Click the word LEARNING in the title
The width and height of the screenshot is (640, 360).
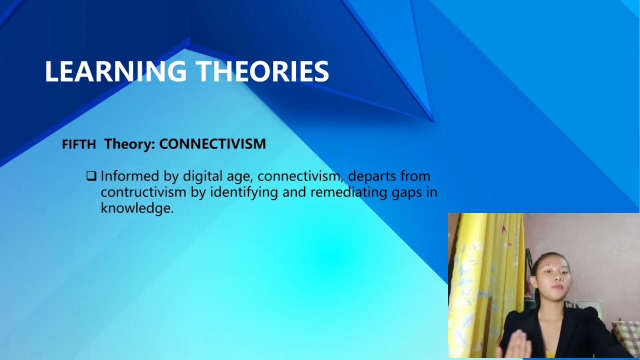(115, 71)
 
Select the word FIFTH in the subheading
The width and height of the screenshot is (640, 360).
(78, 145)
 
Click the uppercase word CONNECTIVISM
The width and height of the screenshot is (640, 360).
(212, 144)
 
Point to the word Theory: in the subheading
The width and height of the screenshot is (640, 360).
(129, 144)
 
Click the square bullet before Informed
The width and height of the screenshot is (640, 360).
(91, 176)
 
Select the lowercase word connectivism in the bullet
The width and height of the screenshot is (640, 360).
(300, 176)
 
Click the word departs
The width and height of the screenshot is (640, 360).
(370, 176)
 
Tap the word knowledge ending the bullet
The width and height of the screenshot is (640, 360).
(136, 208)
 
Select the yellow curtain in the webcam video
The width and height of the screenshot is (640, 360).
(480, 280)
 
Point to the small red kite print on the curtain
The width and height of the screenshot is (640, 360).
(503, 229)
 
